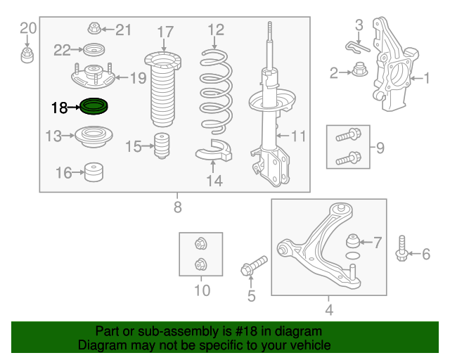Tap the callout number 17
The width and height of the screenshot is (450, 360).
tap(166, 32)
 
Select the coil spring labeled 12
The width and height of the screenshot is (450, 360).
tap(216, 92)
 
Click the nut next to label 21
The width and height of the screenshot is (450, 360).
tap(94, 28)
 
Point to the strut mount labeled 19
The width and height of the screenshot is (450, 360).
tap(94, 76)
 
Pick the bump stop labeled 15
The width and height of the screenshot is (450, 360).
tap(162, 146)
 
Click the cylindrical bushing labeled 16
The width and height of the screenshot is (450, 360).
tap(94, 172)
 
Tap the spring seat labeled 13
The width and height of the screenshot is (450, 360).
tap(94, 136)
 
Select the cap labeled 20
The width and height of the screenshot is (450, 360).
tap(27, 56)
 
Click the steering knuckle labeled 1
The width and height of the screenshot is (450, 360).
tap(394, 65)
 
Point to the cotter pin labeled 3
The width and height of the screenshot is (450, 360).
tap(357, 48)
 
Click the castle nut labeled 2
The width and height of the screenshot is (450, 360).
tap(359, 69)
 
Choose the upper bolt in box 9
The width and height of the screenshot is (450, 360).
tap(349, 135)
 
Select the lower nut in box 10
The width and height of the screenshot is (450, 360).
tap(200, 264)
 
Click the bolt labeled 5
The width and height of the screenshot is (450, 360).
tap(254, 266)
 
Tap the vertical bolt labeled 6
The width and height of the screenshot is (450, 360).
tap(401, 249)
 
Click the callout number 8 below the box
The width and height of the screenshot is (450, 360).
tap(178, 207)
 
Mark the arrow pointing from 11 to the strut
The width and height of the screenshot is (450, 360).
tap(283, 136)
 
